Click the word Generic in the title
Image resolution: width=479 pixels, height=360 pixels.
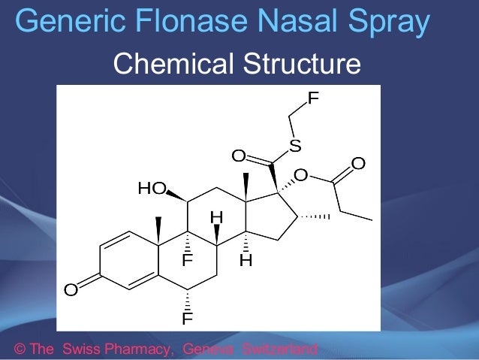pos(62,23)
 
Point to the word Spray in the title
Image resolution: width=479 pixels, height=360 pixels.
pos(387,23)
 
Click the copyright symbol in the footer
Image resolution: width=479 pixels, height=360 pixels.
pos(20,349)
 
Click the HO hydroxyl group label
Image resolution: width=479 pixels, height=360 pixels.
pos(151,189)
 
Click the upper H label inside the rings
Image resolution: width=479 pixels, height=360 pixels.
pos(216,217)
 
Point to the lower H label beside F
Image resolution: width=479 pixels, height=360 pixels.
pos(246,262)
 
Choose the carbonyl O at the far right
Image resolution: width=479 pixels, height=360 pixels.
pos(358,163)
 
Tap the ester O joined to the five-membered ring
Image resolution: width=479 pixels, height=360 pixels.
pos(300,176)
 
